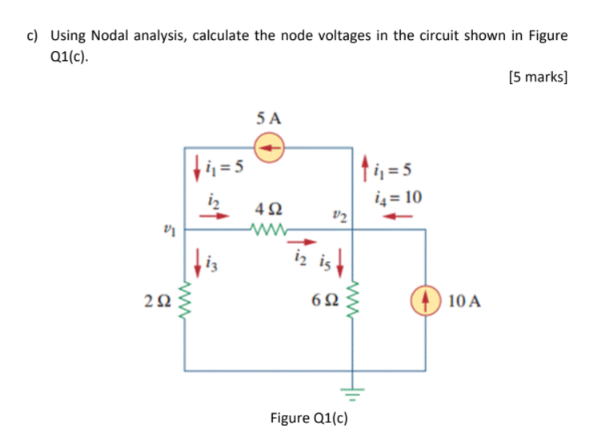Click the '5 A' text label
coord(270,118)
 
